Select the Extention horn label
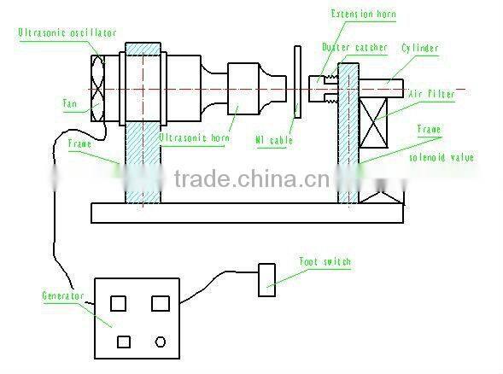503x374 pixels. pos(364,15)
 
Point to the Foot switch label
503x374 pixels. pos(325,261)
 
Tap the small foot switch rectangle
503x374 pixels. pos(267,280)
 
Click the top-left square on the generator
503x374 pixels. pos(120,302)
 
